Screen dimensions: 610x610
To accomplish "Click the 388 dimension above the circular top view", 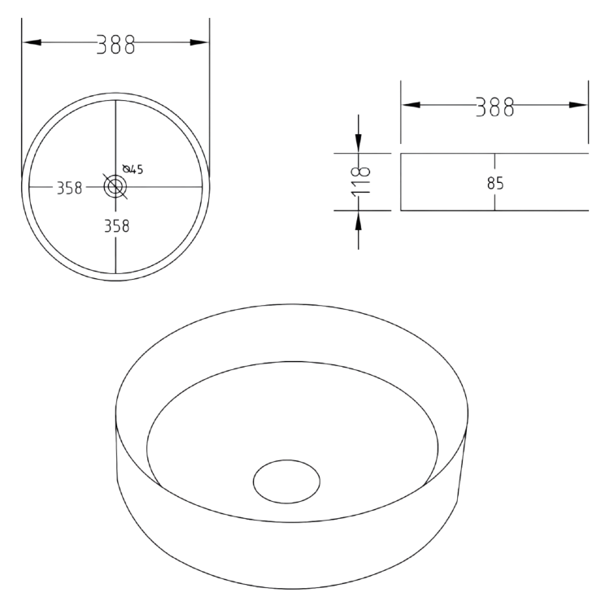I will (x=115, y=44).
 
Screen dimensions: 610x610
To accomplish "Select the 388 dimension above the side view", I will (x=495, y=107).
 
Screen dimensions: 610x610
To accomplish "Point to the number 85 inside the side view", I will (x=495, y=183).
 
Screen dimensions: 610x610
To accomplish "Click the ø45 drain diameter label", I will (x=133, y=169).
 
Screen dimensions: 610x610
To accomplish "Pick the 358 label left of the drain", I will (x=69, y=188).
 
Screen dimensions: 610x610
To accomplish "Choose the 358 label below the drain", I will (x=115, y=226).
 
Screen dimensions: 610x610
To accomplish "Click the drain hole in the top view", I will (x=115, y=187).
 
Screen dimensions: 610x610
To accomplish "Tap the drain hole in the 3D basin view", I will (x=286, y=481).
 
